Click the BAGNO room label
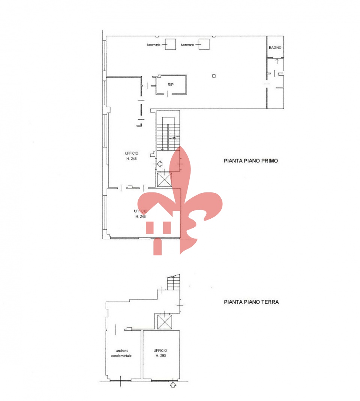[275, 48]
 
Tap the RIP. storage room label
[171, 85]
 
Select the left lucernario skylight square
[170, 44]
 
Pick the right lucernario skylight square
[204, 44]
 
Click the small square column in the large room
[214, 76]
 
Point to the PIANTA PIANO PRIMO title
[251, 161]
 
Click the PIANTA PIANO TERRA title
[251, 302]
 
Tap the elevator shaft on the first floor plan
[164, 180]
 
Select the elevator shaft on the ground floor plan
[165, 322]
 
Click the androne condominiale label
[121, 353]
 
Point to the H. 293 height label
[161, 356]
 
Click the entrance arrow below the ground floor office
[173, 384]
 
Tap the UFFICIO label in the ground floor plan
[160, 350]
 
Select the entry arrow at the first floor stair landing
[159, 164]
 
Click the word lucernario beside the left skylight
[154, 45]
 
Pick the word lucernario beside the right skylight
[187, 45]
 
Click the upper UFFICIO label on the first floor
[131, 153]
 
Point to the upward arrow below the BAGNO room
[277, 62]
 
